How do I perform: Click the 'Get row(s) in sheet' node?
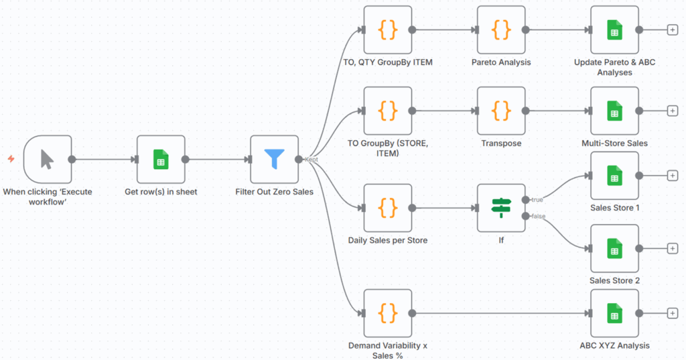click(161, 160)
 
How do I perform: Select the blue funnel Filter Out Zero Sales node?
click(274, 160)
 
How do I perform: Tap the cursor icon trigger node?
click(47, 160)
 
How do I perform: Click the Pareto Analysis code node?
click(501, 29)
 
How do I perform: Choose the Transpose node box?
click(501, 111)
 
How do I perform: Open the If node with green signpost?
click(501, 208)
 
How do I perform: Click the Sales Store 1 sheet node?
click(614, 176)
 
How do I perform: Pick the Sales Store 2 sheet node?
click(614, 249)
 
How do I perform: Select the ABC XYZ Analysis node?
click(614, 313)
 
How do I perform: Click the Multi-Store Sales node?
click(614, 111)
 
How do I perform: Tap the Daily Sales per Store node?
click(387, 208)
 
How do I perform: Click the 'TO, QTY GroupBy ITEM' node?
click(387, 29)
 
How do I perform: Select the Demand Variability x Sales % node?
click(387, 313)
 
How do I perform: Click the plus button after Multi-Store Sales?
click(673, 111)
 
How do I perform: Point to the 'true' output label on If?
click(538, 200)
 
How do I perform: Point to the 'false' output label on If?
click(539, 216)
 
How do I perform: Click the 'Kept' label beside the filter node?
click(312, 160)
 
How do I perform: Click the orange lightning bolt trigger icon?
click(11, 159)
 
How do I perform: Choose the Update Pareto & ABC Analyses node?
click(614, 29)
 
